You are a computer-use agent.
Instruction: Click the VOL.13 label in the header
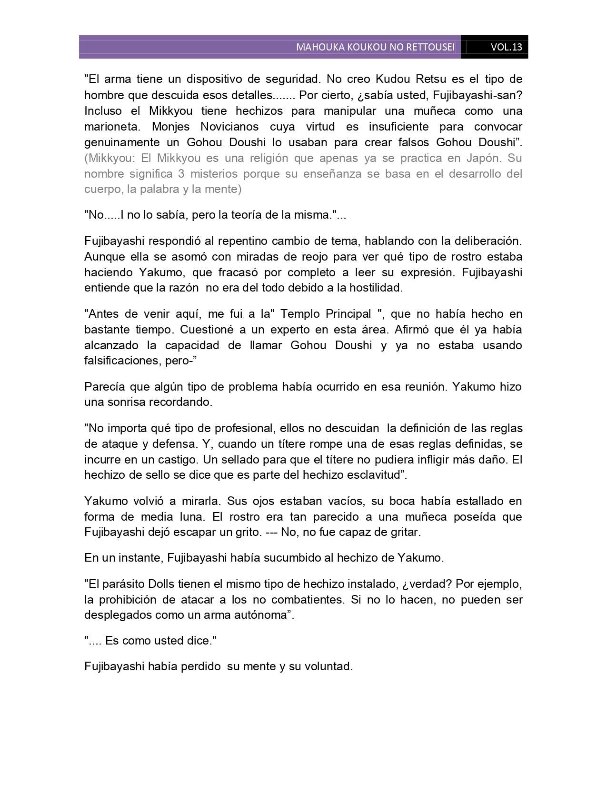506,47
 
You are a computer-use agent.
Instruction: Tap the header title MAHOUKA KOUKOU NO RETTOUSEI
375,47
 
